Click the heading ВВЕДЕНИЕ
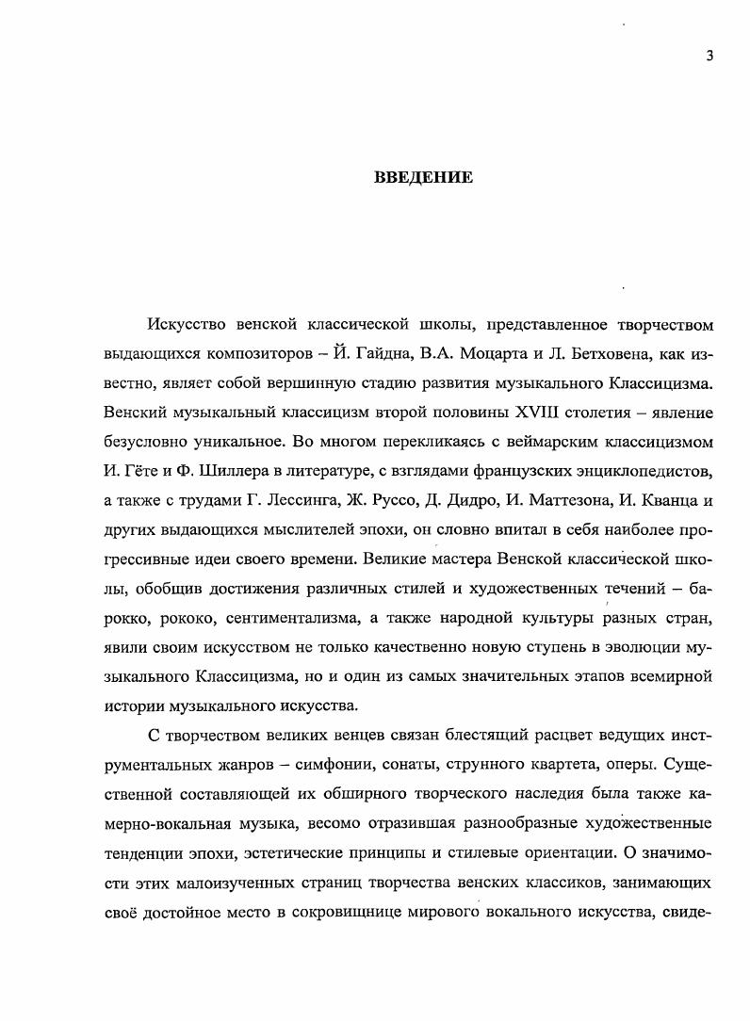423,178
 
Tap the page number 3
709,56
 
